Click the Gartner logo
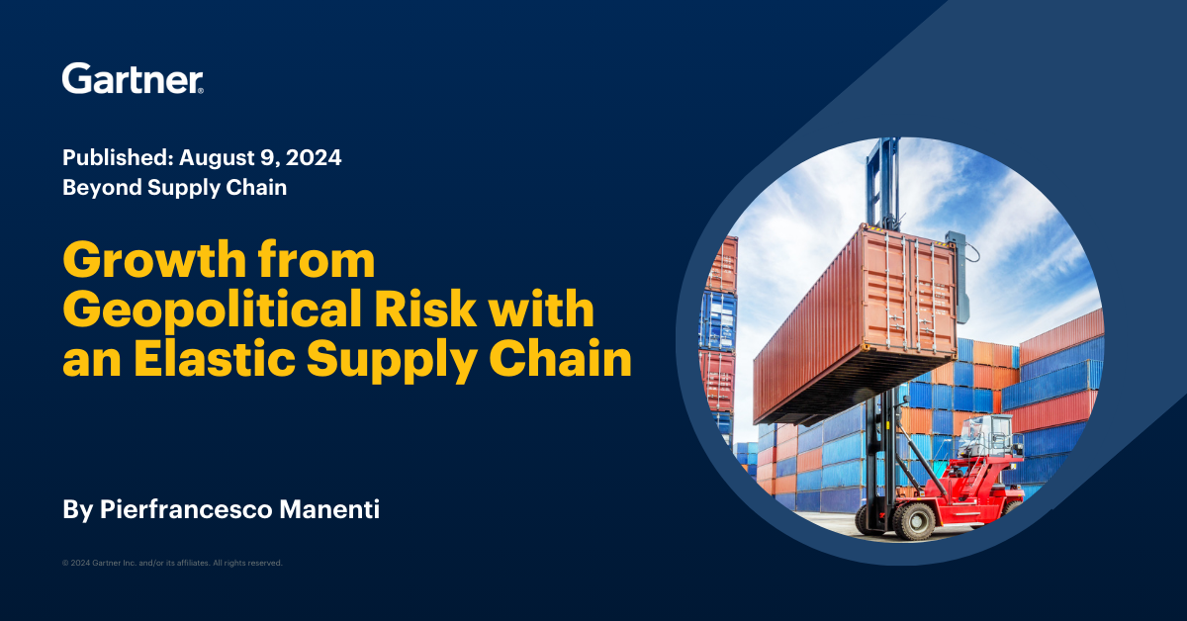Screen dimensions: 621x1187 point(133,79)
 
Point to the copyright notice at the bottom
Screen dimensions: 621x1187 point(172,563)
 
